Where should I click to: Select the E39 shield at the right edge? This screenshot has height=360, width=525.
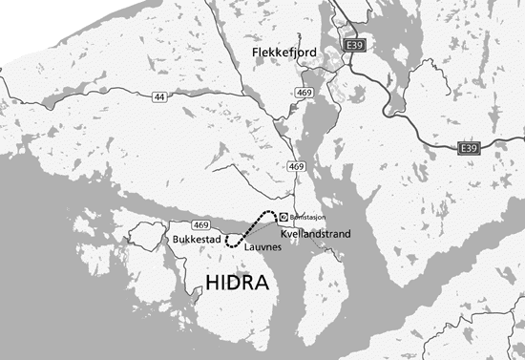point(468,149)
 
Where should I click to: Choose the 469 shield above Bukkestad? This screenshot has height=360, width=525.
point(200,223)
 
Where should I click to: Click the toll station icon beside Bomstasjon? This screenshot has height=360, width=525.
point(283,217)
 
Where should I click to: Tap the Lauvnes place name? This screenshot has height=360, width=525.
point(261,246)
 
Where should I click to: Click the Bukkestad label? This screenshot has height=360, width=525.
point(196,238)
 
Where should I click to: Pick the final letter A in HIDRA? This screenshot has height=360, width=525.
point(262,283)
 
